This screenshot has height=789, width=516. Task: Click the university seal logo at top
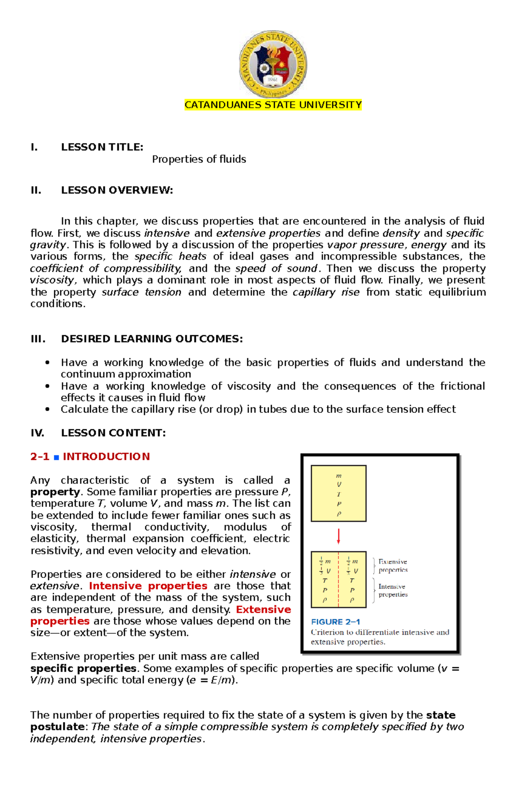tap(273, 64)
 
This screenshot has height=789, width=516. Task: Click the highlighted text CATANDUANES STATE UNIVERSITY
tap(273, 105)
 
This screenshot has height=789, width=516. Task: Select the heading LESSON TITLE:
tap(102, 147)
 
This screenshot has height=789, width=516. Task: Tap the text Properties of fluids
tap(199, 159)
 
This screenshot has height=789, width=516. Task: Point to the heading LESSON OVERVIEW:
tap(117, 190)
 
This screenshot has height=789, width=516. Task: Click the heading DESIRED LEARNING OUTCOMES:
tap(151, 339)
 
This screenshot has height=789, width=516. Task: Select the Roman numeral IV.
tap(37, 433)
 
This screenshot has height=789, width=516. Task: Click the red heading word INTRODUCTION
tap(106, 457)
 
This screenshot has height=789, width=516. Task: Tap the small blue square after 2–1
tap(56, 457)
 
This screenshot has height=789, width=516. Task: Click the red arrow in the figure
tap(338, 536)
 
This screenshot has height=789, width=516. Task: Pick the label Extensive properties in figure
tap(393, 566)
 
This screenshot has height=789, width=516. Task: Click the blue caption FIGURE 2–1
tap(335, 622)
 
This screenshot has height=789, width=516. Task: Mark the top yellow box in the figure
tap(338, 493)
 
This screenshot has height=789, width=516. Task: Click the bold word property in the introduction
tap(55, 492)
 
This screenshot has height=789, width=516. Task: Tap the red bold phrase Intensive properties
tap(148, 586)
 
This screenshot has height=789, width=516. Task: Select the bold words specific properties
tap(83, 669)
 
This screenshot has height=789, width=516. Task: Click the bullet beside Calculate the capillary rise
tap(47, 409)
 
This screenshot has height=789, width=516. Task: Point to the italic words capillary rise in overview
tap(326, 292)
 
